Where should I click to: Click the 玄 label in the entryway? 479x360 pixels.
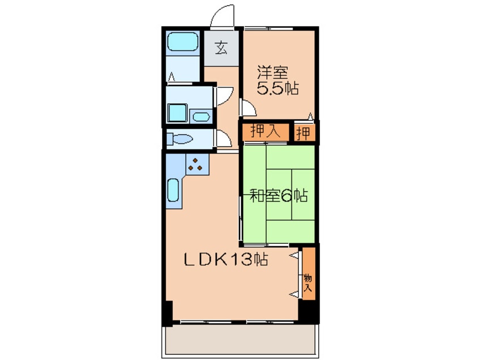[221, 48]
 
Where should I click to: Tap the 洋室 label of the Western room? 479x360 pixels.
[272, 72]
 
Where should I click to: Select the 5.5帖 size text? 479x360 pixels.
[277, 88]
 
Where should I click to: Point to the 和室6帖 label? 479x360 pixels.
[279, 195]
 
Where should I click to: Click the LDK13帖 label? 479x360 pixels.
[226, 260]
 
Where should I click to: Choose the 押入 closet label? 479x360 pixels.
[265, 132]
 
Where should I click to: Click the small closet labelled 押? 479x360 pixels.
[304, 133]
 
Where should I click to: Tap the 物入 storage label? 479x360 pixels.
[307, 283]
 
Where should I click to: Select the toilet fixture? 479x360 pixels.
[179, 139]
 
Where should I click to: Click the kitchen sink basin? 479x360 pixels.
[173, 190]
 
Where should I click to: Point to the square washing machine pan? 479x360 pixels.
[177, 113]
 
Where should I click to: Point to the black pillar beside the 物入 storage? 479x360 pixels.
[309, 311]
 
